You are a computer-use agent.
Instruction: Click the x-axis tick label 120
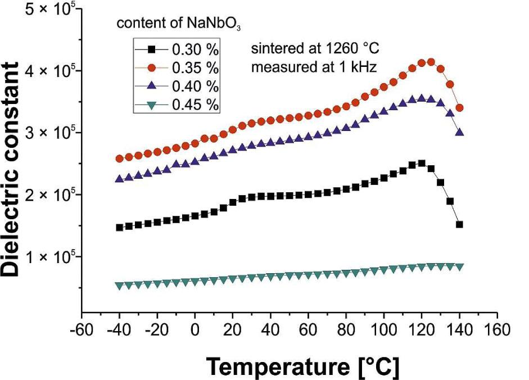point(422,327)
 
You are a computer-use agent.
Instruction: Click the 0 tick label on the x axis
point(195,327)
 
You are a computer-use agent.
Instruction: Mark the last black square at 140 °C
point(459,224)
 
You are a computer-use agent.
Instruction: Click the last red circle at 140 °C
point(459,107)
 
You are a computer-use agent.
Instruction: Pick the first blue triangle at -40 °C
point(119,179)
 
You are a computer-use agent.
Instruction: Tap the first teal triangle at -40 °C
point(119,286)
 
